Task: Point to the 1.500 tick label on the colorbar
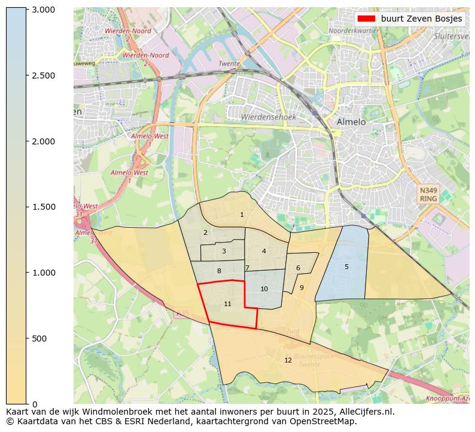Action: pyautogui.click(x=43, y=207)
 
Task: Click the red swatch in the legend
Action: pyautogui.click(x=366, y=19)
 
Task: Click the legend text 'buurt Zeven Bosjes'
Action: pyautogui.click(x=421, y=19)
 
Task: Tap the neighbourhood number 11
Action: pyautogui.click(x=227, y=304)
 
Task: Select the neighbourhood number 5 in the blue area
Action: pyautogui.click(x=346, y=267)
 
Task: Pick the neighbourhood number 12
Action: pyautogui.click(x=288, y=360)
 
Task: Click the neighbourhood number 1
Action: pyautogui.click(x=242, y=215)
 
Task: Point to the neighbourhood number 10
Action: pyautogui.click(x=264, y=289)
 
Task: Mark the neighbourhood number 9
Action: pyautogui.click(x=302, y=288)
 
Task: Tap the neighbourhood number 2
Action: pyautogui.click(x=205, y=232)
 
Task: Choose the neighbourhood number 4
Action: pyautogui.click(x=264, y=251)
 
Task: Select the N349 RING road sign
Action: pyautogui.click(x=428, y=194)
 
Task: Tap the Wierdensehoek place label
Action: pyautogui.click(x=268, y=117)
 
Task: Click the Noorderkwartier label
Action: pyautogui.click(x=354, y=30)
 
